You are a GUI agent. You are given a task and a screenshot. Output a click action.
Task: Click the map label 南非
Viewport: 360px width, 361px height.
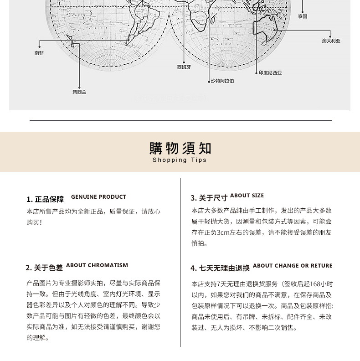[x=39, y=53]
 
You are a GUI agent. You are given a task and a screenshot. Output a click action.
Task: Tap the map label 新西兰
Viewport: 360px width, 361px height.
[x=79, y=92]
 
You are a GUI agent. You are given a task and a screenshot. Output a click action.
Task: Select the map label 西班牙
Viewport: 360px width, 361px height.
[x=184, y=67]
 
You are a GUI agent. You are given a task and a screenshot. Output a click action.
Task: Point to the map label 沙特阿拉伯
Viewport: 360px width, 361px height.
[x=222, y=81]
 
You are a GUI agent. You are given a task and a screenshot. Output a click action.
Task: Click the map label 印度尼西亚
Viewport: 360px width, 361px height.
[x=270, y=72]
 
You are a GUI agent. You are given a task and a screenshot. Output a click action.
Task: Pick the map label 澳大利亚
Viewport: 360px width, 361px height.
[x=331, y=41]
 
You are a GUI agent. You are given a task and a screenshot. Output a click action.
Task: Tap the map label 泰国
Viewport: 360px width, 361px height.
[x=303, y=16]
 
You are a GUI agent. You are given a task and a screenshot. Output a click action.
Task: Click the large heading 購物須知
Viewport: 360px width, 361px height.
[x=180, y=148]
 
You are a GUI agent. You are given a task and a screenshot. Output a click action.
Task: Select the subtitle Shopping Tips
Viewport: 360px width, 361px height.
[x=180, y=160]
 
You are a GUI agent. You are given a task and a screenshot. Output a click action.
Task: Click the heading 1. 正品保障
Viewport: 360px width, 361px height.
[x=45, y=199]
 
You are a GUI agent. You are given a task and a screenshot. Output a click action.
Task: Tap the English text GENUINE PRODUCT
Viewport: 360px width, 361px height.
[x=98, y=197]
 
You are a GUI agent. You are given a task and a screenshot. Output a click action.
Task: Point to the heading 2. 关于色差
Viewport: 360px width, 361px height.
[x=44, y=268]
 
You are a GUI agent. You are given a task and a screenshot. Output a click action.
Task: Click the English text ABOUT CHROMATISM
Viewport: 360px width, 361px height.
[x=97, y=265]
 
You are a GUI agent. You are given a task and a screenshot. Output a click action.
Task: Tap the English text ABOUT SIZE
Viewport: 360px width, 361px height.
[x=247, y=196]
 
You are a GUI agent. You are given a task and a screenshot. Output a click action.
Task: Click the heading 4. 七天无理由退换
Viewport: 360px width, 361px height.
[x=220, y=268]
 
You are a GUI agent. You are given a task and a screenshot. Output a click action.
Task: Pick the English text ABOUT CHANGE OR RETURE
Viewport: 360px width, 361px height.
[x=293, y=266]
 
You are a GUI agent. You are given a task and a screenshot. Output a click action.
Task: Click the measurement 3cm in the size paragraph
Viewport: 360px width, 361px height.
[x=223, y=232]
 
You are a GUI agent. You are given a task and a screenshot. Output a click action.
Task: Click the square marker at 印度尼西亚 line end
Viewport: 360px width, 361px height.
[x=256, y=72]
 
